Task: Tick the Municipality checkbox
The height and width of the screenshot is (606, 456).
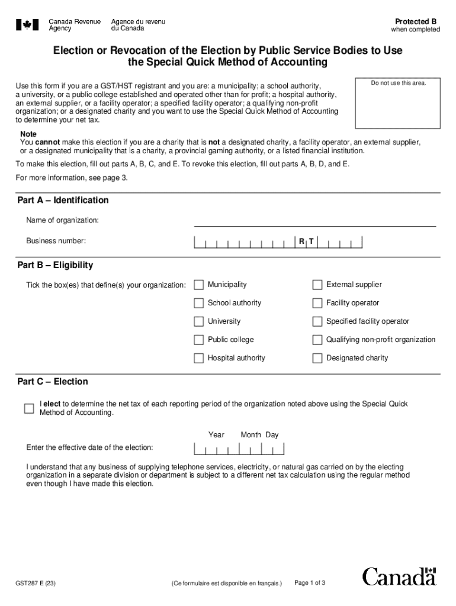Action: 198,285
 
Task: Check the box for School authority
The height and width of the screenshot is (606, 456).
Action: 198,303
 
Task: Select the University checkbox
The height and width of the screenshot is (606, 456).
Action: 198,321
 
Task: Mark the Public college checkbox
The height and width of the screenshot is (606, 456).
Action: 198,340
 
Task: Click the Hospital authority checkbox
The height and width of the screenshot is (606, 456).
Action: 198,358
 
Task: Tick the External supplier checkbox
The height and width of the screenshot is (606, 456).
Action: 317,285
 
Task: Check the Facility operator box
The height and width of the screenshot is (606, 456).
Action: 317,303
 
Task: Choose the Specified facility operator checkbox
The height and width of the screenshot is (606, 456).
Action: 317,321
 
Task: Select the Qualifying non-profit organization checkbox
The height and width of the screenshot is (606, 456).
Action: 317,340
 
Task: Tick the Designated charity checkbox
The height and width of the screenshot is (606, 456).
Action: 317,358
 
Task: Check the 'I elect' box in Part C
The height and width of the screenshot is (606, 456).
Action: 29,408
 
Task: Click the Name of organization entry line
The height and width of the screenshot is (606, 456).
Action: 314,221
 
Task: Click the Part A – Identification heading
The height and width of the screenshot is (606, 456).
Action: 63,200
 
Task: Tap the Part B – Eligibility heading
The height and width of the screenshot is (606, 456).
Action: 55,265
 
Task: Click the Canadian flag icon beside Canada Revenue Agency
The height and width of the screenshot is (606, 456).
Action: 27,25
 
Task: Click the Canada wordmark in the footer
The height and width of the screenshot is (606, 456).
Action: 399,576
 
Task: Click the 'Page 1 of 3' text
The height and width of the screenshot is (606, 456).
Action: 310,583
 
